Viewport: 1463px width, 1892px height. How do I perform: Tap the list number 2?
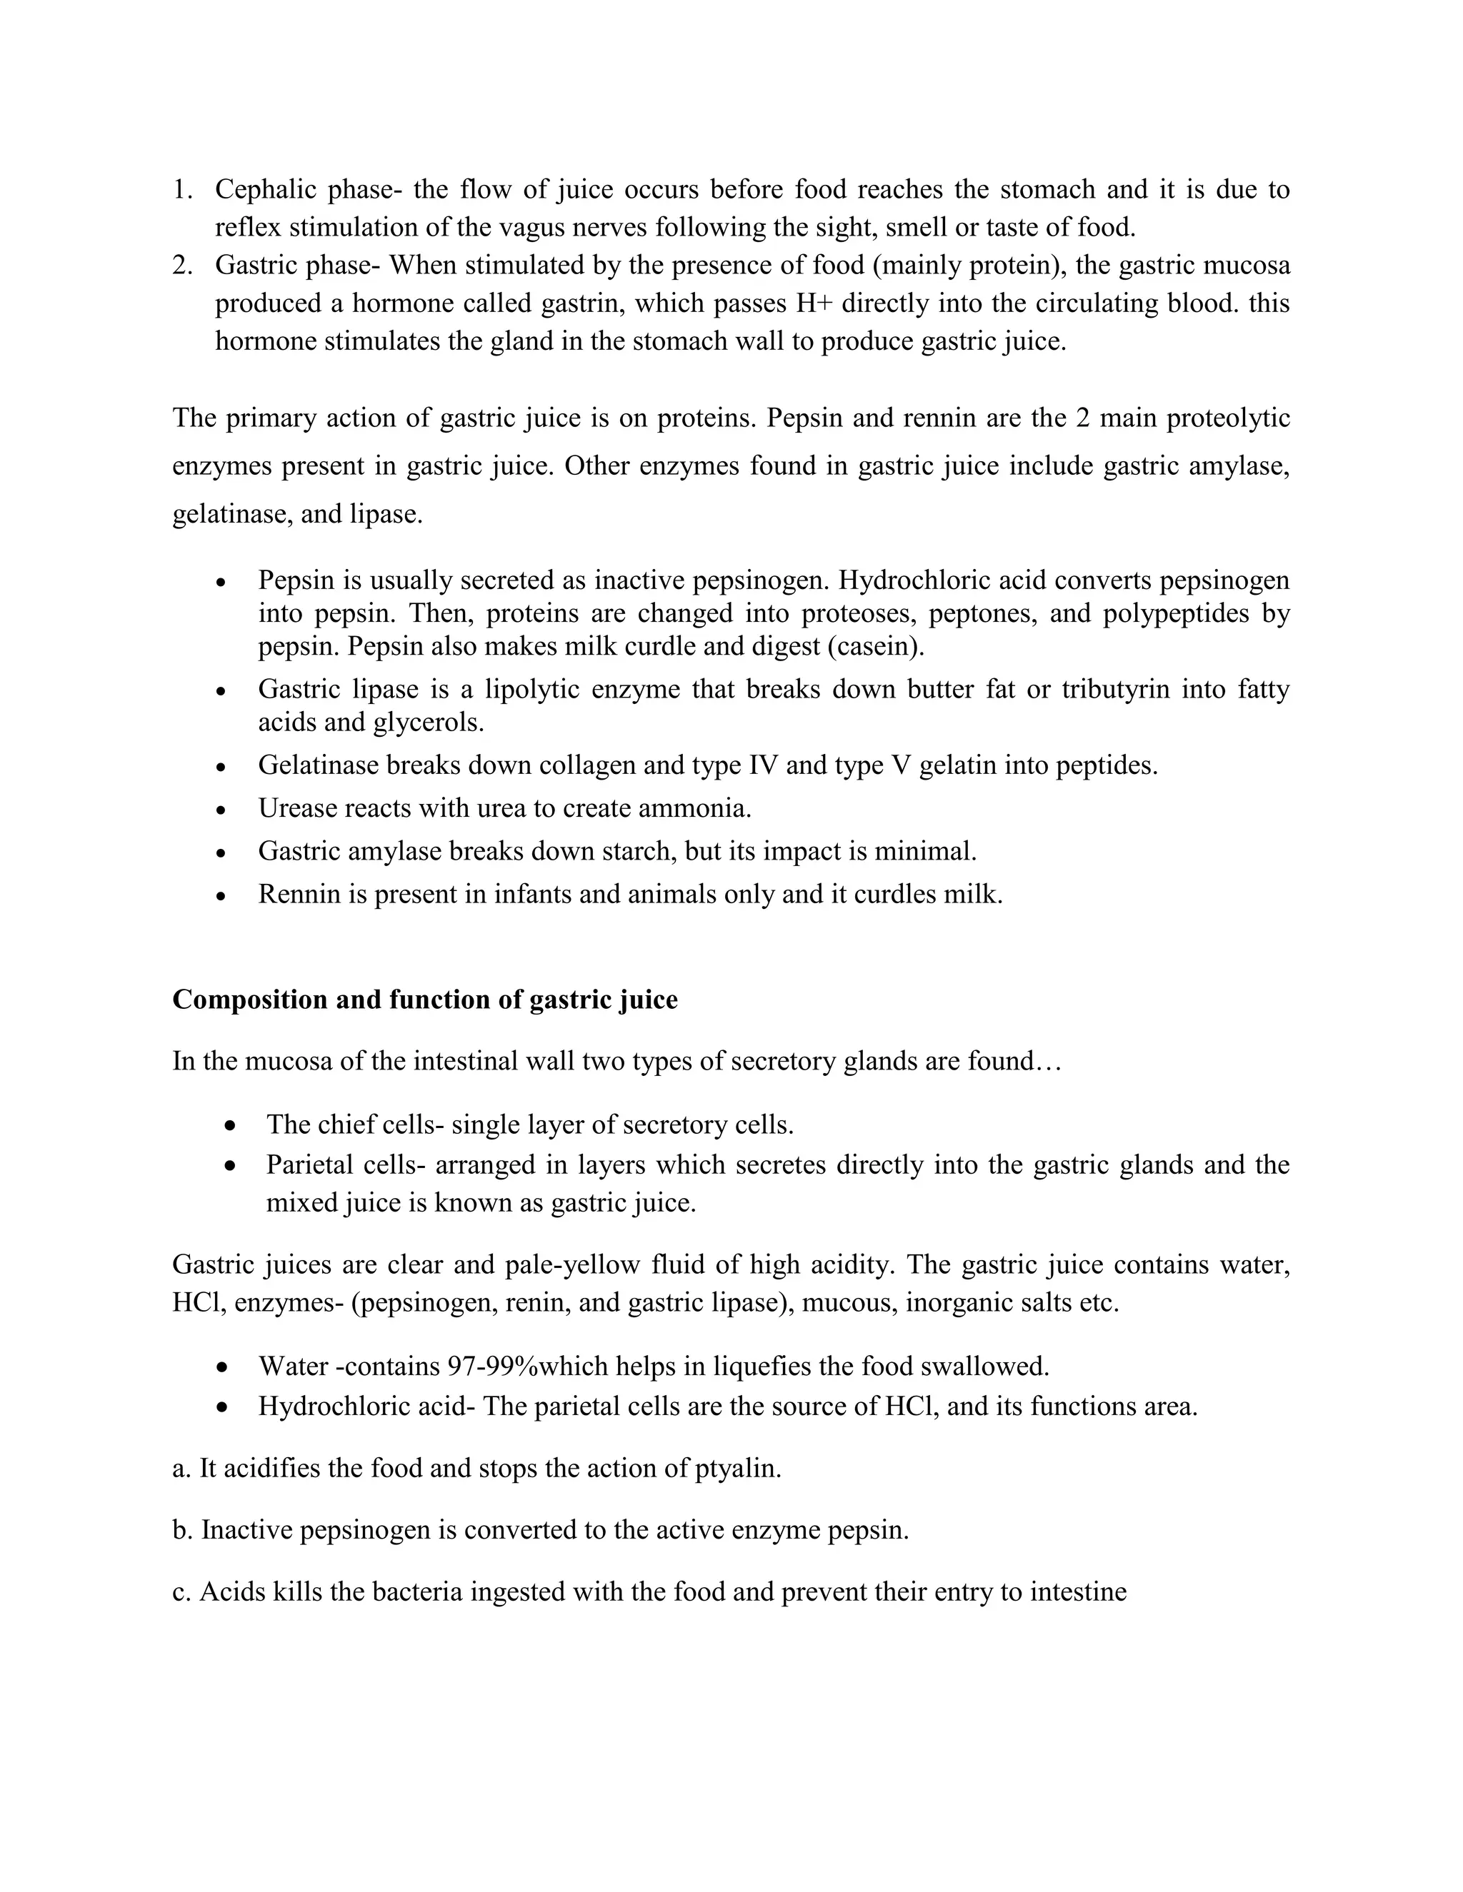click(x=181, y=265)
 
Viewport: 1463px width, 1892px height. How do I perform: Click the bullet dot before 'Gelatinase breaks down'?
click(x=223, y=767)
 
